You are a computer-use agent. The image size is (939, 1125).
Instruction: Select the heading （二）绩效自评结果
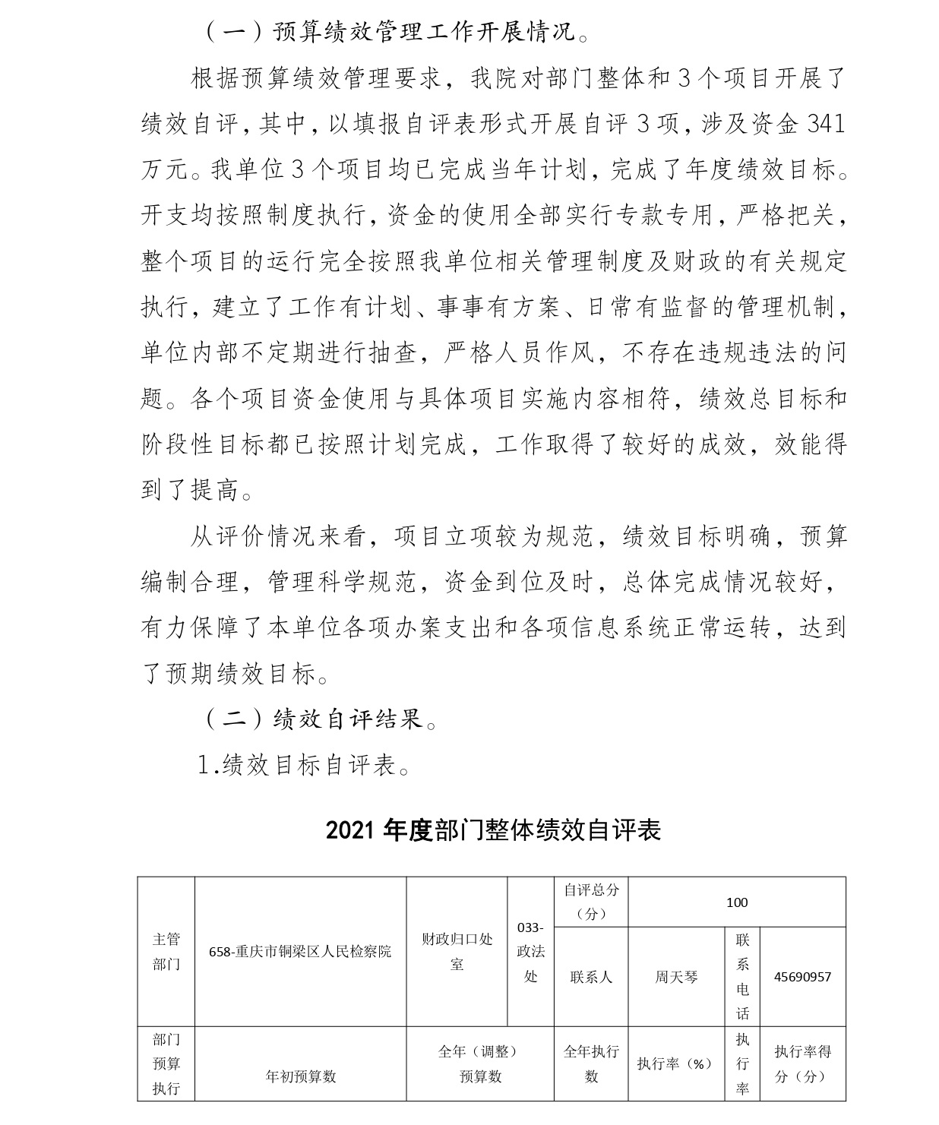[321, 719]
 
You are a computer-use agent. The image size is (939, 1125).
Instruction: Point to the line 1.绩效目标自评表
[304, 765]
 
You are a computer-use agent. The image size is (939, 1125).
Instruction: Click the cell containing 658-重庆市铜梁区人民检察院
[300, 951]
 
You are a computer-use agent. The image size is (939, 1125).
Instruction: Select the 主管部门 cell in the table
[166, 951]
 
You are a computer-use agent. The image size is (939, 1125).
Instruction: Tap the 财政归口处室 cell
[457, 951]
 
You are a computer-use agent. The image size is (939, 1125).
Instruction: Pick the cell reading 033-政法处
[530, 951]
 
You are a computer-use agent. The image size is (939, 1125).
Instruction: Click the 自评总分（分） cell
[591, 902]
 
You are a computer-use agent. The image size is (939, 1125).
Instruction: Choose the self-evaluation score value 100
[737, 902]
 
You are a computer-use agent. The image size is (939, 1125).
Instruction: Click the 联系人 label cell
[591, 977]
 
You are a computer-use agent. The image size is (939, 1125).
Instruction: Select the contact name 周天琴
[676, 977]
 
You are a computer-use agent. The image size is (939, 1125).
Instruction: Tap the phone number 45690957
[802, 977]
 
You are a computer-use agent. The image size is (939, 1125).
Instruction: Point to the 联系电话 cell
[742, 977]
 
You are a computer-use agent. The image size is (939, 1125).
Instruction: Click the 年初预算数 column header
[300, 1076]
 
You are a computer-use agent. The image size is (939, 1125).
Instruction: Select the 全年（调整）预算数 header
[480, 1063]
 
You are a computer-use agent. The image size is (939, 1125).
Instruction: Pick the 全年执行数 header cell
[591, 1063]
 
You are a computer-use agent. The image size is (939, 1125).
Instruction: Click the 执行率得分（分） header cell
[802, 1063]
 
